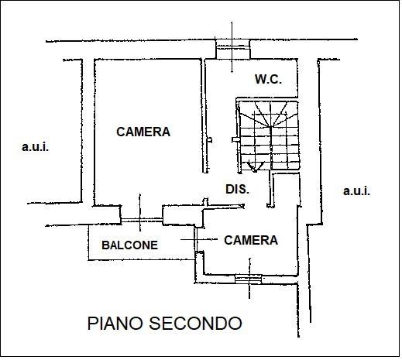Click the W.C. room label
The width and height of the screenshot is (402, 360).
click(x=268, y=79)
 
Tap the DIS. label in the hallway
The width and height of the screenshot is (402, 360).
click(x=238, y=189)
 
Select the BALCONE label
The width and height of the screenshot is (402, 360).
click(x=129, y=245)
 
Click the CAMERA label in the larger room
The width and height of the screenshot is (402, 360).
click(x=143, y=132)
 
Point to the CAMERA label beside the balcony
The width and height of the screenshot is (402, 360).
click(x=251, y=240)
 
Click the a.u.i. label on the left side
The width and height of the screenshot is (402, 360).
click(x=36, y=147)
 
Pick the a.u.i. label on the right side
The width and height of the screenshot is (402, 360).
click(x=356, y=191)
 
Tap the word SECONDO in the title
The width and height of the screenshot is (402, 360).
click(x=195, y=324)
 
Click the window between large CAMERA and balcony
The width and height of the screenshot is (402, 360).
click(x=142, y=220)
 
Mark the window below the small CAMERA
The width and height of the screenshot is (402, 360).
click(x=249, y=279)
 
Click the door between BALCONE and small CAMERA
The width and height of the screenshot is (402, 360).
click(x=196, y=239)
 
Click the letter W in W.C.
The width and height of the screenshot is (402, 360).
click(x=260, y=79)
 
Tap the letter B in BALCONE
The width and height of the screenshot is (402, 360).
click(x=105, y=245)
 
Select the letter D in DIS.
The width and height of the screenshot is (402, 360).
click(x=229, y=189)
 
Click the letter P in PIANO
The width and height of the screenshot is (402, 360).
click(x=92, y=324)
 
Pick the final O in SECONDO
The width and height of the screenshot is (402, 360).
click(x=235, y=324)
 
